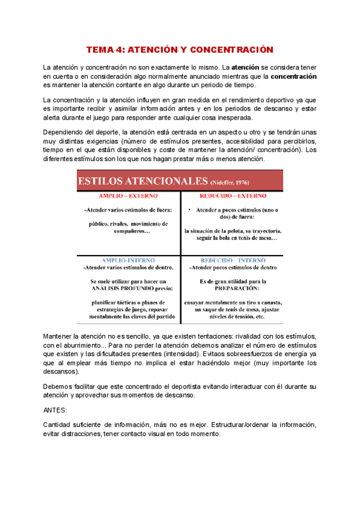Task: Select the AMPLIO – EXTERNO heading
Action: coord(128,196)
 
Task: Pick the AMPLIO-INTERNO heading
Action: coord(127,260)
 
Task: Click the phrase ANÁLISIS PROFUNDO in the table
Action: coord(128,288)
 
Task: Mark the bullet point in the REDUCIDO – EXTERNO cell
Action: coord(189,210)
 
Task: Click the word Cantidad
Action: coord(58,425)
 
